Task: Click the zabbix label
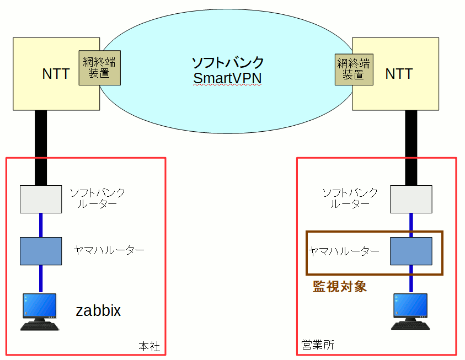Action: (98, 311)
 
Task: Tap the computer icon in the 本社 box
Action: (40, 311)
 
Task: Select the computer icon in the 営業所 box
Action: (410, 311)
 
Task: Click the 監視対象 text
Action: (340, 286)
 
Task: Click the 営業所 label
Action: (318, 345)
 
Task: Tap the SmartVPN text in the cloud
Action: (227, 79)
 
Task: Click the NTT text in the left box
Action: (56, 74)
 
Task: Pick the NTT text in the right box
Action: (399, 73)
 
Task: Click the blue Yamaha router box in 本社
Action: (41, 251)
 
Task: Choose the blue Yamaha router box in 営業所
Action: (411, 251)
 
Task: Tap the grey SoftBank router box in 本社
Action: (41, 199)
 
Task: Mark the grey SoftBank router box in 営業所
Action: (411, 199)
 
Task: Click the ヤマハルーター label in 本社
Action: (109, 250)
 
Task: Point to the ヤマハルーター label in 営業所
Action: (344, 251)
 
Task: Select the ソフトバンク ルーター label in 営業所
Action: (350, 198)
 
